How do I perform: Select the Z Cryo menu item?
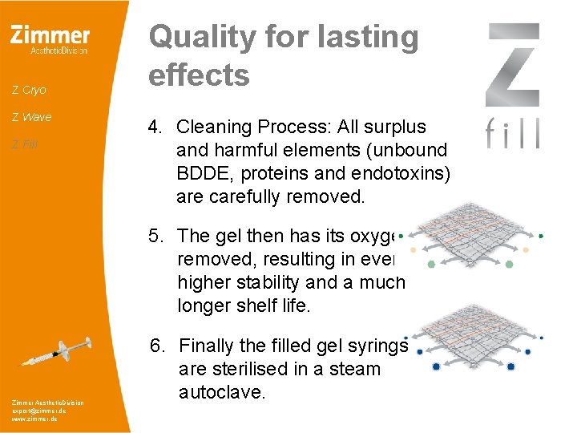pos(30,90)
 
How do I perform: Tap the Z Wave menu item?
pos(32,117)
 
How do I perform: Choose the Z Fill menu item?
pos(25,144)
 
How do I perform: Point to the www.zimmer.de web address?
pos(34,419)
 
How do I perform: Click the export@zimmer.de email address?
pos(39,410)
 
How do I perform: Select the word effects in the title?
pos(200,75)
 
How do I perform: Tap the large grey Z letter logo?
pos(513,64)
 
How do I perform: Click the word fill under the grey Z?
pos(513,132)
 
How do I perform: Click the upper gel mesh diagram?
pos(472,237)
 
